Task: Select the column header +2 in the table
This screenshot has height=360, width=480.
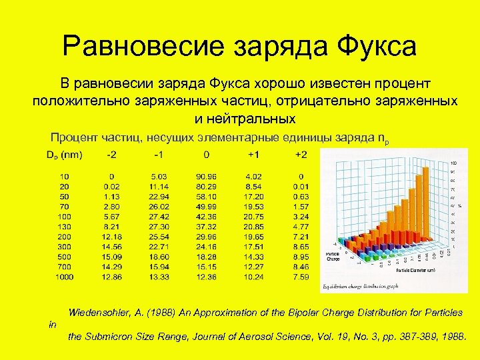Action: tap(301, 155)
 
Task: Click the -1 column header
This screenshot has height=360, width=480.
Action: tap(159, 155)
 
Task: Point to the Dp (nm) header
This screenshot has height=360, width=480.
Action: tap(65, 155)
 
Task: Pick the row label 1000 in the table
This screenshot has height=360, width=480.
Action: tap(65, 276)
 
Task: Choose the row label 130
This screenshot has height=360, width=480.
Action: tap(65, 226)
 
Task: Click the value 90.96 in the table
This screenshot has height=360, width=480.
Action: tap(207, 176)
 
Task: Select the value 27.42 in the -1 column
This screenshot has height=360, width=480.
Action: tap(159, 216)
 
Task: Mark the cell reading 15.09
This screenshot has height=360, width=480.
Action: tap(111, 256)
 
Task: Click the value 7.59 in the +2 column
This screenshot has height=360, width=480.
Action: tap(301, 276)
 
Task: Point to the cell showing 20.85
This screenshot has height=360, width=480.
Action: tap(254, 226)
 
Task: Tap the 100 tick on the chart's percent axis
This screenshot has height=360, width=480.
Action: tap(454, 163)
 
